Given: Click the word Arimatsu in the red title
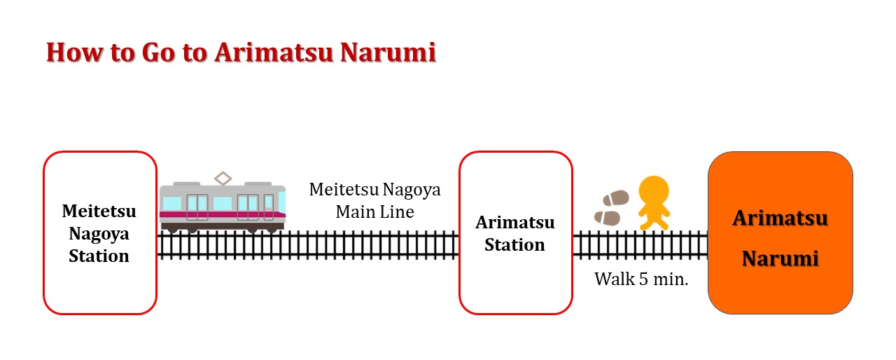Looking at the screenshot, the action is (274, 53).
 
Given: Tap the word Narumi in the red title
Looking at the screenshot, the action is (388, 53).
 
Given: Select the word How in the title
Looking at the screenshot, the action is (75, 53).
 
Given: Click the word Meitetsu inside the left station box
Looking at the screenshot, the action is (99, 212).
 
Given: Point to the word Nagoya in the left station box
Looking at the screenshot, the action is (99, 235).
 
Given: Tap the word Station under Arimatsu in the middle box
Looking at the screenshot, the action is (514, 245).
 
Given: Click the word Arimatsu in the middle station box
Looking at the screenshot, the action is (515, 223).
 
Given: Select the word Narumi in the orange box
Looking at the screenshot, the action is (780, 258).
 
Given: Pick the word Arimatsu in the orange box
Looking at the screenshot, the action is (780, 219).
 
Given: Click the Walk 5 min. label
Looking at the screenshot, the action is (641, 279).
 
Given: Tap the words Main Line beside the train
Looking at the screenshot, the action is (374, 212).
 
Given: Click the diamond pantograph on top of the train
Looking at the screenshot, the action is (223, 179).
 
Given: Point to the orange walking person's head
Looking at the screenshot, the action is (654, 191).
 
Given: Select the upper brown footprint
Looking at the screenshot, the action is (616, 198).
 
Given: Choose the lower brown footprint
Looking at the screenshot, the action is (607, 219).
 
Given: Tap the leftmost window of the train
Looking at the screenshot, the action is (172, 203).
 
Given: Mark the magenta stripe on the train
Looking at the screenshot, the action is (223, 215).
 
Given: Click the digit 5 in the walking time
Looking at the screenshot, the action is (643, 279).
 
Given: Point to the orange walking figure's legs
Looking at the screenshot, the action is (654, 221).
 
